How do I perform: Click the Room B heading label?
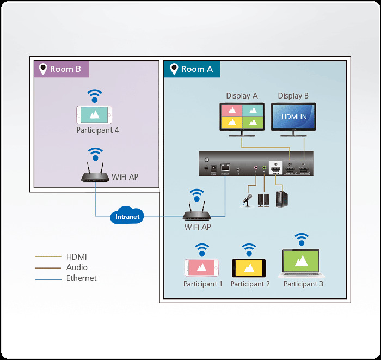(x=61, y=69)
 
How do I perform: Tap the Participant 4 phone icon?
(x=94, y=114)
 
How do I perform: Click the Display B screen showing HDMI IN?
(x=294, y=117)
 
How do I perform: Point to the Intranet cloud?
(x=127, y=216)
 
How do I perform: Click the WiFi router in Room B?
(x=95, y=175)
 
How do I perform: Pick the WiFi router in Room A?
(x=197, y=213)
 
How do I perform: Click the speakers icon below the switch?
(x=263, y=199)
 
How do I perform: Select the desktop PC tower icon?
(x=281, y=199)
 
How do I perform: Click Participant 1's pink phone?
(x=202, y=267)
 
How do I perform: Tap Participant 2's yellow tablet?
(x=249, y=267)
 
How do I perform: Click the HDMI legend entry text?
(x=76, y=257)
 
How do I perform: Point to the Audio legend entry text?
(x=77, y=267)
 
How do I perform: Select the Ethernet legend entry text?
(x=81, y=278)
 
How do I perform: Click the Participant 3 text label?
(x=303, y=284)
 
